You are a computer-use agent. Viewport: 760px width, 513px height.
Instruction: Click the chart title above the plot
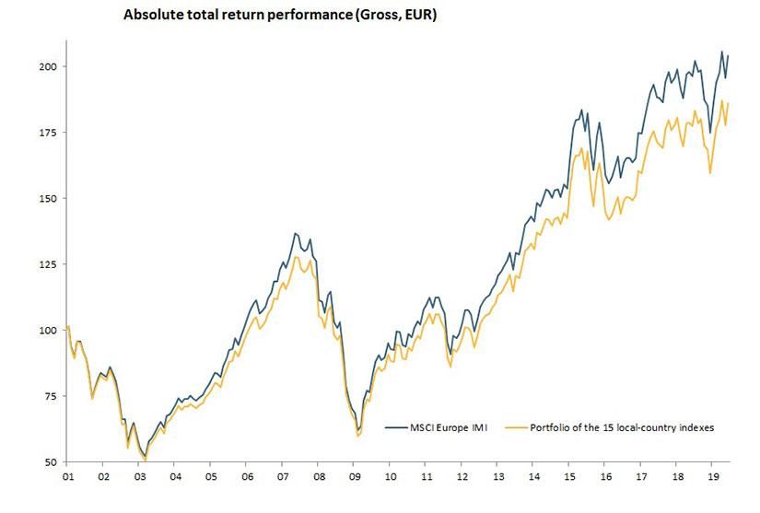[x=279, y=16]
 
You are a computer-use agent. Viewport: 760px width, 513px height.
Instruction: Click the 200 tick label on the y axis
[x=52, y=66]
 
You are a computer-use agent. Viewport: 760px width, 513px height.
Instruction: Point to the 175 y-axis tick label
[x=52, y=133]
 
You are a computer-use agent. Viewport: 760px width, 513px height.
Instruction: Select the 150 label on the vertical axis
[x=52, y=198]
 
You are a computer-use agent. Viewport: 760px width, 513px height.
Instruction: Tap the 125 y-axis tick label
[x=52, y=264]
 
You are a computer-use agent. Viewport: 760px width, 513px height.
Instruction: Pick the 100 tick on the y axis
[x=52, y=330]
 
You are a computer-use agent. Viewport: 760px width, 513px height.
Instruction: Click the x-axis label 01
[x=67, y=478]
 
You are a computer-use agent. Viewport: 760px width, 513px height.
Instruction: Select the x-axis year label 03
[x=139, y=478]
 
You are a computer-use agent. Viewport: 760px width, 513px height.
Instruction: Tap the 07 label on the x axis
[x=283, y=478]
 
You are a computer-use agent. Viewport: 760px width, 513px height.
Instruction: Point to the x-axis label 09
[x=355, y=478]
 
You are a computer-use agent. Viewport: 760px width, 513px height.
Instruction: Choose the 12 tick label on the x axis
[x=462, y=478]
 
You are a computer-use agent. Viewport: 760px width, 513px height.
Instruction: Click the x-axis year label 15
[x=570, y=478]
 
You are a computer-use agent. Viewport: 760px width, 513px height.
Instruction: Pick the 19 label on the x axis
[x=714, y=478]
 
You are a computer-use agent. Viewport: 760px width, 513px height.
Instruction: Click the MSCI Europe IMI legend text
[x=449, y=427]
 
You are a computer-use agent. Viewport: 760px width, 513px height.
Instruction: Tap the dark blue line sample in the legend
[x=397, y=427]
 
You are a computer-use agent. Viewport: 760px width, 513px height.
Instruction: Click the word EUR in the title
[x=416, y=16]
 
